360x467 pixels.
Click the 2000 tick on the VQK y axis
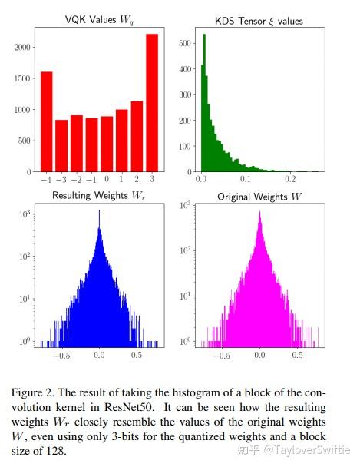(21, 48)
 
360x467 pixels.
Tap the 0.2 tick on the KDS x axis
(290, 180)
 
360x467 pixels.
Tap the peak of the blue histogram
(99, 211)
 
